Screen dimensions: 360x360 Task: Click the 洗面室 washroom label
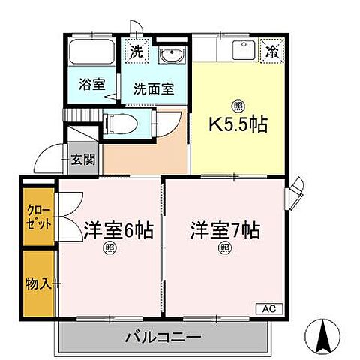tap(153, 88)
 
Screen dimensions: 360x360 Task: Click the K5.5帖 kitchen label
tap(238, 123)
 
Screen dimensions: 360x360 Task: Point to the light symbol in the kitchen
tap(238, 105)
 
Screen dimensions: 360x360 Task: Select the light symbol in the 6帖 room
tap(109, 250)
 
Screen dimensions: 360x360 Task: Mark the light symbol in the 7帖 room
tap(223, 249)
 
